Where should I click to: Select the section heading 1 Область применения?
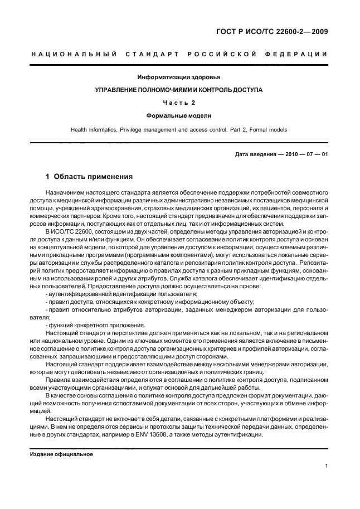coord(89,177)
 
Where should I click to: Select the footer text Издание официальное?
coord(61,454)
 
